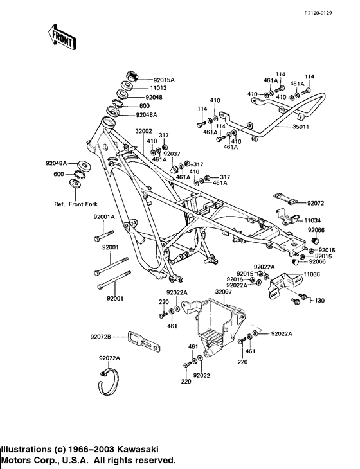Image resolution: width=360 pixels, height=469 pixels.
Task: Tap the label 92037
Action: click(x=172, y=154)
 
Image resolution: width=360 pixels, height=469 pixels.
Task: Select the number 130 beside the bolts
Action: click(x=319, y=300)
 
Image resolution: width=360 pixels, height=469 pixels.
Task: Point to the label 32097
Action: click(x=223, y=292)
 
